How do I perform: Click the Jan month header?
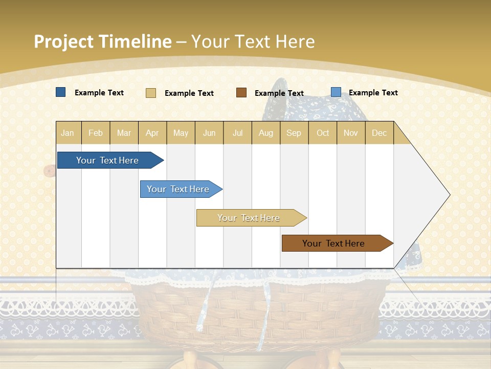(68, 133)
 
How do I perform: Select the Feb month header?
(96, 133)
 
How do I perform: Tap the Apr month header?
(152, 133)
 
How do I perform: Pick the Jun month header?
(209, 133)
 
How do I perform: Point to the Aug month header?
(266, 133)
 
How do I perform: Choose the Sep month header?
(294, 133)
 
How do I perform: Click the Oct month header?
(323, 133)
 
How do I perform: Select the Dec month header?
(380, 133)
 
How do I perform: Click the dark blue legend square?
(61, 92)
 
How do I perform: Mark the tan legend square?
(151, 93)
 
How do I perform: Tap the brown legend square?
(241, 93)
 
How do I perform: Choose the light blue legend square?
(336, 92)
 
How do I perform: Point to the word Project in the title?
(64, 42)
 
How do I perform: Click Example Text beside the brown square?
(279, 93)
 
